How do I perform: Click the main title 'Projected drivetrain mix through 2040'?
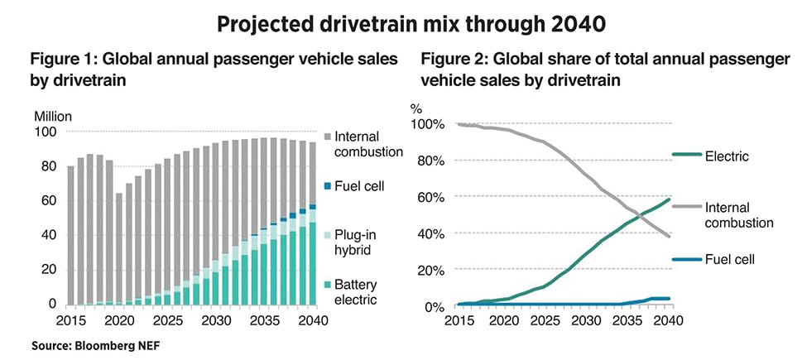tap(401, 25)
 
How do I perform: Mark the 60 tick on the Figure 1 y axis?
tap(48, 201)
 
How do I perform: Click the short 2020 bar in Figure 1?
tap(118, 249)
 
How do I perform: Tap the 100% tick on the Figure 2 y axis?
tap(430, 124)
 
